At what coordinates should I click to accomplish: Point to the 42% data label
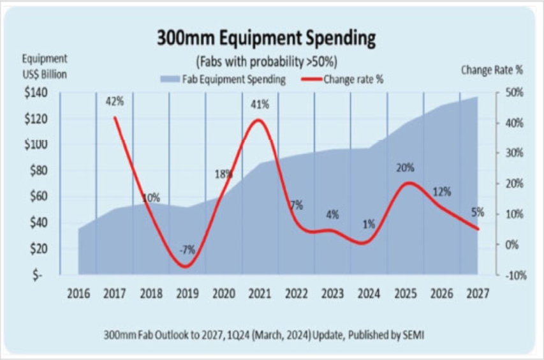tap(115, 101)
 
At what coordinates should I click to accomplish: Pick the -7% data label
tap(187, 250)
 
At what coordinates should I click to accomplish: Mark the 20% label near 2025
tap(405, 168)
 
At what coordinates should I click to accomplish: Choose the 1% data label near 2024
tap(369, 223)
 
